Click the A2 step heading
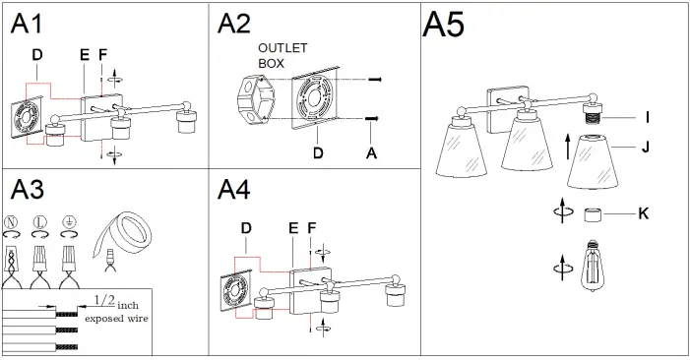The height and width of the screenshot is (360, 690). (234, 24)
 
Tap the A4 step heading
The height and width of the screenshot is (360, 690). (234, 189)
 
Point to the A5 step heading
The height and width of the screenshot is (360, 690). (443, 25)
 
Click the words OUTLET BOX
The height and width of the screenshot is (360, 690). (283, 55)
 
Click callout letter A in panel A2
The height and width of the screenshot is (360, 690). (371, 152)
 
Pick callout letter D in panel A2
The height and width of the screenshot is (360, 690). (317, 152)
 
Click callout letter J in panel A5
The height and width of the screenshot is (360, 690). (647, 149)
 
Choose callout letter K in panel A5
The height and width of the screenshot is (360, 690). (644, 212)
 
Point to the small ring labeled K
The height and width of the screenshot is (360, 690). (594, 213)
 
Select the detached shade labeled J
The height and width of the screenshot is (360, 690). (594, 159)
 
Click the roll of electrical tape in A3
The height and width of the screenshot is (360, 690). (121, 231)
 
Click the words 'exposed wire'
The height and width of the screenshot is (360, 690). (117, 320)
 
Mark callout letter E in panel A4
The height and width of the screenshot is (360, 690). (292, 228)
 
